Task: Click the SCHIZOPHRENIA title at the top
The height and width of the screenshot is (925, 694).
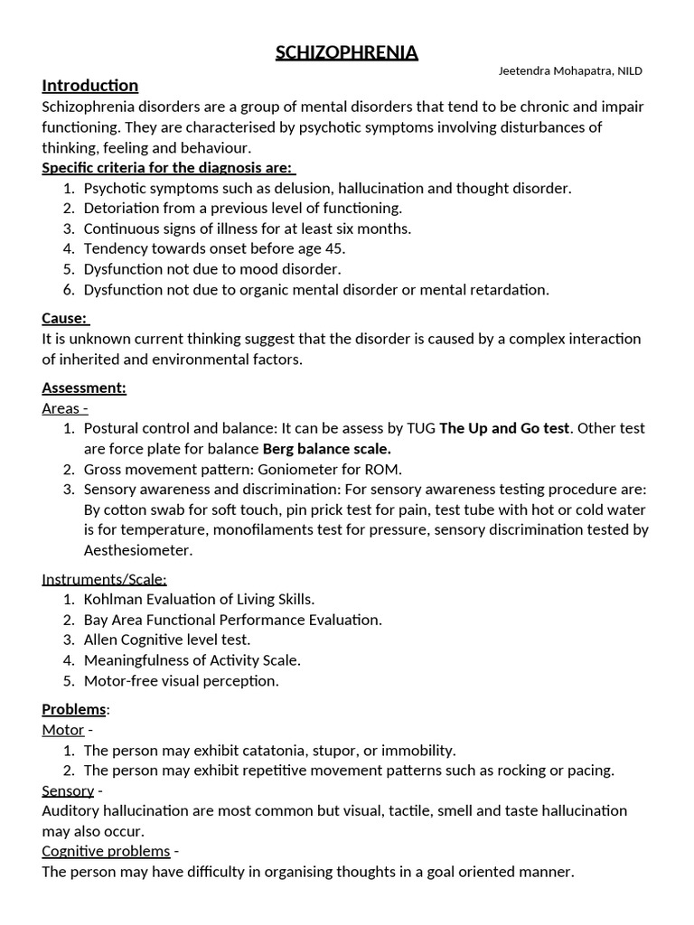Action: (x=347, y=53)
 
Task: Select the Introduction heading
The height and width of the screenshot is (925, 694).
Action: (x=90, y=86)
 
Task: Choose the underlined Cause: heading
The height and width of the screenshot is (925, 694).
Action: (x=65, y=318)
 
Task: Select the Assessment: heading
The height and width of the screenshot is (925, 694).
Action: (x=84, y=388)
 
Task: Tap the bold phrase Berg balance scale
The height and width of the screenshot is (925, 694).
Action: (x=327, y=448)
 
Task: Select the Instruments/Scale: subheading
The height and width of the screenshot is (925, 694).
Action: (x=105, y=579)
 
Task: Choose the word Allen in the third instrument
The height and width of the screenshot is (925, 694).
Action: (x=101, y=640)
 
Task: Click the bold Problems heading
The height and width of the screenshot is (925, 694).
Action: (x=74, y=710)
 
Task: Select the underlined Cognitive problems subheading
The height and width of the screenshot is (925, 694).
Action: (x=106, y=851)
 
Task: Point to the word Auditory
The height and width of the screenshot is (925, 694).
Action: (x=69, y=810)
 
